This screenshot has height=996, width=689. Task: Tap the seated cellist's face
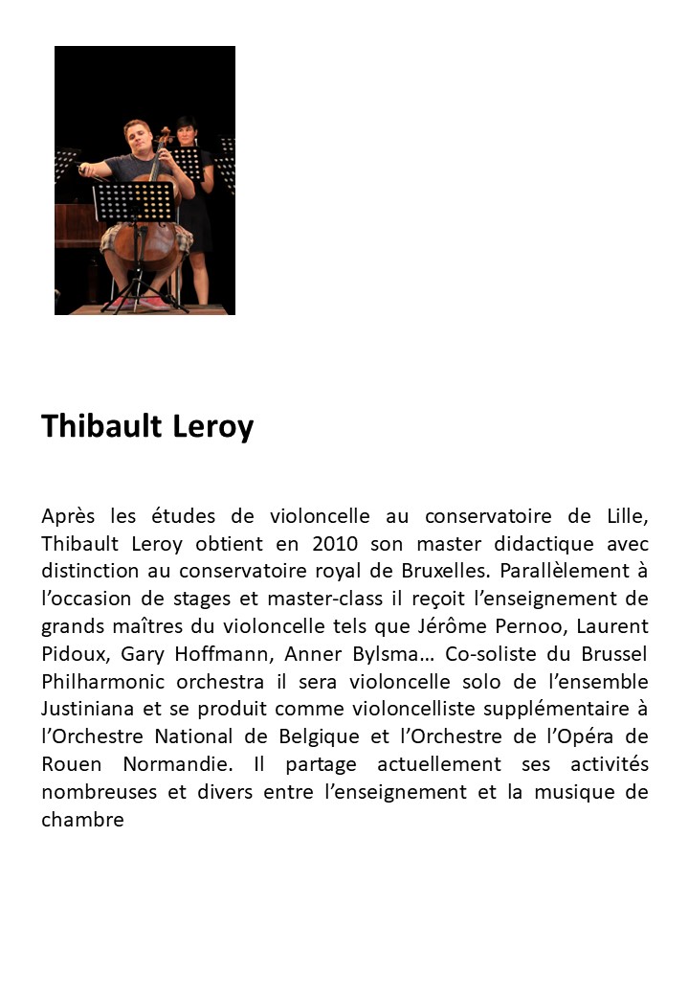tap(136, 138)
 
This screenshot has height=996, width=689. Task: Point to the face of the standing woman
tap(185, 130)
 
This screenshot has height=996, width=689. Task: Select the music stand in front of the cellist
tap(135, 202)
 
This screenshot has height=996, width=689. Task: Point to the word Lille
tap(628, 516)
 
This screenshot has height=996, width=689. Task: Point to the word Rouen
tap(70, 765)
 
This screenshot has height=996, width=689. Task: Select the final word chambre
tap(82, 821)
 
